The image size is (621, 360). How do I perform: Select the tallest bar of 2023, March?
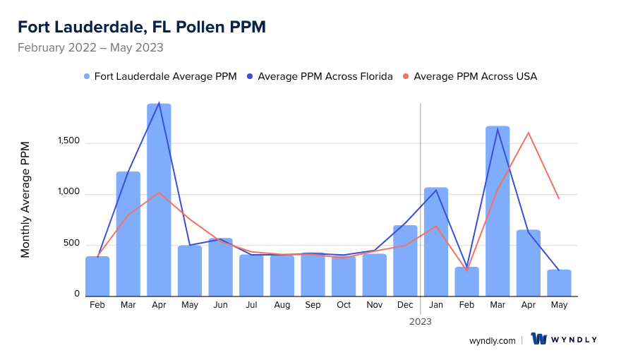498,211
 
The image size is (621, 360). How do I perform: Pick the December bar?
405,260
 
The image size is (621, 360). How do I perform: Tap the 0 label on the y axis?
78,294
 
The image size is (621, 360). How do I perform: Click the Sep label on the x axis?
313,305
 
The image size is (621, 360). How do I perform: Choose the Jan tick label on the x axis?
436,305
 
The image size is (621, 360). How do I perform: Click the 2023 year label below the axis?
421,321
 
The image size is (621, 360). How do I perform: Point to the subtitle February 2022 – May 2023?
90,48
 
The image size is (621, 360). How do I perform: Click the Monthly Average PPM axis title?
25,200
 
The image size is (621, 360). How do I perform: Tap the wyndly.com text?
493,340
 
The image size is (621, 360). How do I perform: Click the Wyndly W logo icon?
539,340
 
